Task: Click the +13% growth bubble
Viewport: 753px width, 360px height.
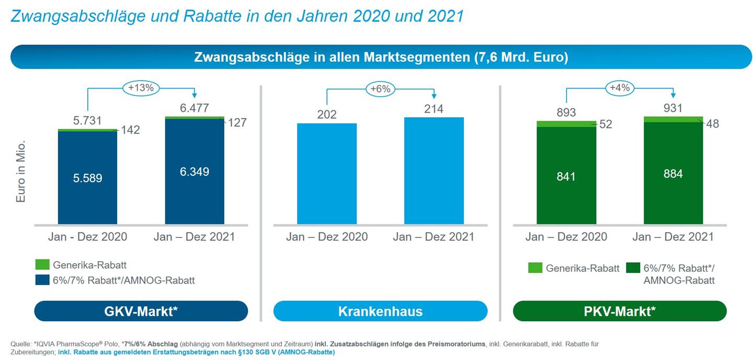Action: tap(141, 88)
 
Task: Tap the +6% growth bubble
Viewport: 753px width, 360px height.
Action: tap(380, 89)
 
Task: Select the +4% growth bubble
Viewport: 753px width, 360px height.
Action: tap(620, 88)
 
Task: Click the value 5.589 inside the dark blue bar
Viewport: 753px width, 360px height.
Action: tap(87, 178)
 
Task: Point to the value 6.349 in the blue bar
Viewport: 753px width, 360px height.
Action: tap(195, 172)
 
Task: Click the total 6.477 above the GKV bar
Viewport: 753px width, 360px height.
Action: tap(195, 108)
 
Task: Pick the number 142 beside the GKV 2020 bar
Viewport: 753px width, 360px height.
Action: tap(130, 130)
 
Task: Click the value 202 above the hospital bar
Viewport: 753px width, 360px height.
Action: tap(327, 115)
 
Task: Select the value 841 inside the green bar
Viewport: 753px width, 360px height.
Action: tap(566, 177)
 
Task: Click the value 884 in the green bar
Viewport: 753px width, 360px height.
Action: tap(673, 174)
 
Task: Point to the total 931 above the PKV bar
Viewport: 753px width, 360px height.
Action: tap(673, 108)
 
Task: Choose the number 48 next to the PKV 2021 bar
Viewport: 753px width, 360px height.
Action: tap(712, 124)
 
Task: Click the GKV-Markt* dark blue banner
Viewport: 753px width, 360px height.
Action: tap(141, 311)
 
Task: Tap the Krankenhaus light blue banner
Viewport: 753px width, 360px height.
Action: tap(380, 311)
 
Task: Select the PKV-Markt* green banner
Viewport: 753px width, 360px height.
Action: tap(620, 311)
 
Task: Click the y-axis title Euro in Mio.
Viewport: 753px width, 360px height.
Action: tap(21, 171)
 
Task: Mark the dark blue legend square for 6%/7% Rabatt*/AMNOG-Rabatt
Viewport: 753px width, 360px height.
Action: tap(43, 280)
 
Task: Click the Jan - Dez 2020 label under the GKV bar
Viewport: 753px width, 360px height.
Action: tap(87, 237)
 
